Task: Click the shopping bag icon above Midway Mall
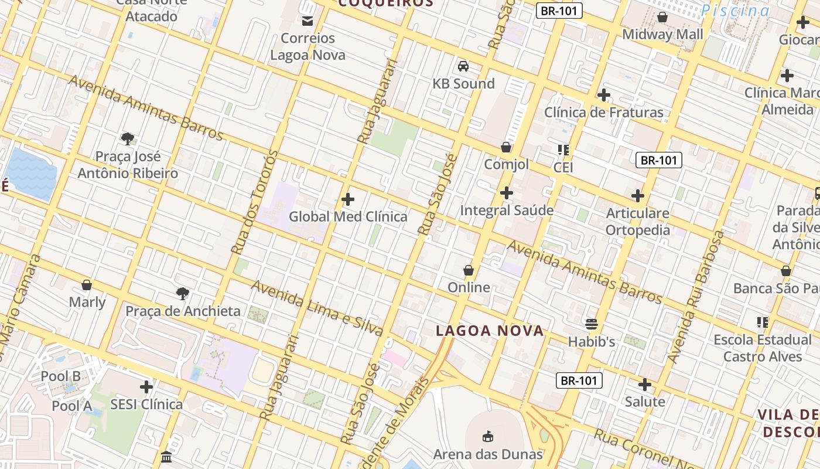point(662,17)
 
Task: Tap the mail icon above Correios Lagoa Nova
point(307,22)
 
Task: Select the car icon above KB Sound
point(463,66)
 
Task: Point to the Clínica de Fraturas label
point(604,112)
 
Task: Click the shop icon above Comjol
point(506,147)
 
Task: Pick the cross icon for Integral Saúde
point(507,193)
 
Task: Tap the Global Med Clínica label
point(348,216)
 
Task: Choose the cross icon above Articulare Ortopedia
point(638,196)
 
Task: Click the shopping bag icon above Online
point(469,270)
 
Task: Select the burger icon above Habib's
point(592,324)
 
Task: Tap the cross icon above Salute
point(645,385)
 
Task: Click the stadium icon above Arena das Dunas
point(487,436)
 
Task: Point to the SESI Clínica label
point(146,404)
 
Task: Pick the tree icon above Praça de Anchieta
point(183,293)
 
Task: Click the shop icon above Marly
point(87,285)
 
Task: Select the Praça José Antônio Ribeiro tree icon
point(128,139)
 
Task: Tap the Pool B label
point(60,376)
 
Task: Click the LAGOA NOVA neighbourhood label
point(490,331)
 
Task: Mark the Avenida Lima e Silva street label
point(317,308)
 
